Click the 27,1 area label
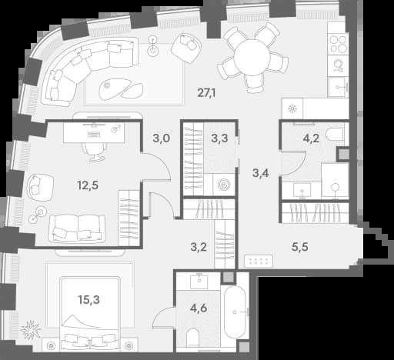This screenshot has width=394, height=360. point(206,93)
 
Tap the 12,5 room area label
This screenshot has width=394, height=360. point(88,185)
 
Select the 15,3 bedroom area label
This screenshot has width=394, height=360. point(89,299)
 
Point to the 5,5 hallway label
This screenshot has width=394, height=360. point(300,247)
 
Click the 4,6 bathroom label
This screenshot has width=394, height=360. point(199,308)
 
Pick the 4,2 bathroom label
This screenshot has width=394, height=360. point(311,138)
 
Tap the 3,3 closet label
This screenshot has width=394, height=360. point(219,138)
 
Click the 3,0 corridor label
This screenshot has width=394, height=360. point(162,138)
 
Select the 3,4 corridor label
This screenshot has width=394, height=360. point(261,173)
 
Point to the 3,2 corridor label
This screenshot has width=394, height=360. point(199,247)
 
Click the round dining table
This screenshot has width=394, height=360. point(252,57)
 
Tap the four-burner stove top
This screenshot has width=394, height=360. point(338,44)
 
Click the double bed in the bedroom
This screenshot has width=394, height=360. point(90,313)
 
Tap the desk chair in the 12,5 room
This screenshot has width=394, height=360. point(94,152)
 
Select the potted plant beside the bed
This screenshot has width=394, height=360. point(31,329)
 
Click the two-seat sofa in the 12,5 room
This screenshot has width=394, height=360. point(77,228)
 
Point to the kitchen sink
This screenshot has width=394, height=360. point(339,87)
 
